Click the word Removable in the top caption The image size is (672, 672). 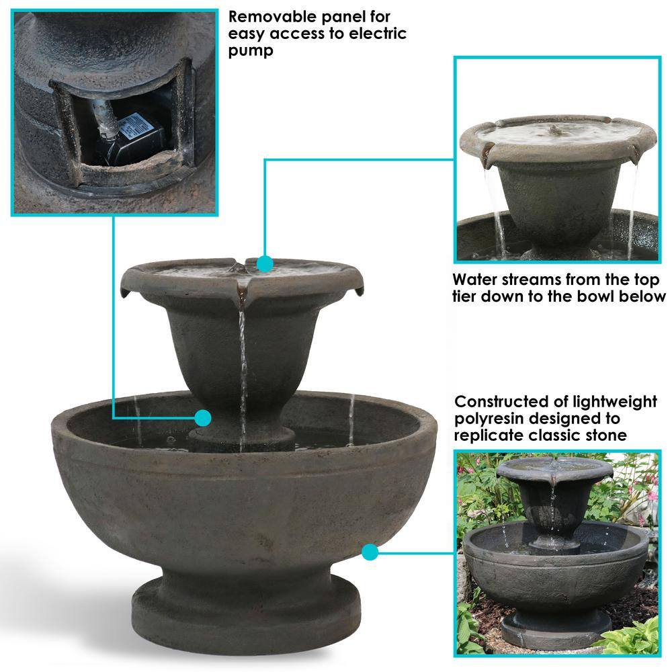point(273,17)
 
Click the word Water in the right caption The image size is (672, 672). point(474,280)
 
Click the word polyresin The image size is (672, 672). point(489,419)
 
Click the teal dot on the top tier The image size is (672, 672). point(265,263)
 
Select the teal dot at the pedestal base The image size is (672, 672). point(203,417)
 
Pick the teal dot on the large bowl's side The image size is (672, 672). point(370,552)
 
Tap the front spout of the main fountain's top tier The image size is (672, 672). point(242,293)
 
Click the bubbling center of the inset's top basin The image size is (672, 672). point(555,130)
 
